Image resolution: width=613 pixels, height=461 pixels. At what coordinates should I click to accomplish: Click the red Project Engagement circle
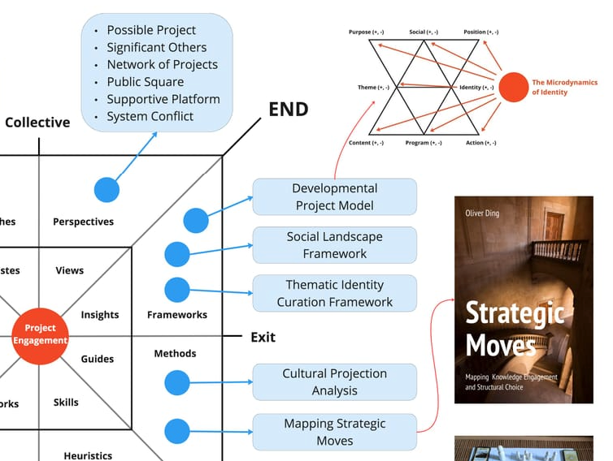pos(40,334)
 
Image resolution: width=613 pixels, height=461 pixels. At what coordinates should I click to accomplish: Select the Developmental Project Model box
pos(334,197)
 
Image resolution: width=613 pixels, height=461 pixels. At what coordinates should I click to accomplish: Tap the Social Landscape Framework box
pos(334,245)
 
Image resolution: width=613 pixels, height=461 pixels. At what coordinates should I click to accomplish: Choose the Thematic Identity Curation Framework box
pos(334,293)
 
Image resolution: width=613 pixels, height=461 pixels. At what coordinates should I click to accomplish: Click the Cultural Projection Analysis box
pos(334,381)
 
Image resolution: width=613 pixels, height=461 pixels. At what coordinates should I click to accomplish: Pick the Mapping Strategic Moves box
pos(334,432)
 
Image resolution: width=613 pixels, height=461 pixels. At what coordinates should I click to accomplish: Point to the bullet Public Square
pos(145,82)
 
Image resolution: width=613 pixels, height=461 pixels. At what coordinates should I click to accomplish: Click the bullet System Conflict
pos(150,116)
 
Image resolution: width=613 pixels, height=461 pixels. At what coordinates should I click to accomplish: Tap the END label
pos(289,109)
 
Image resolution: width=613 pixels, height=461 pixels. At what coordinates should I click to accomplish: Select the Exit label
pos(263,337)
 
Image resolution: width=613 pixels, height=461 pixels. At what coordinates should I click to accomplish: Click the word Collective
pos(37,123)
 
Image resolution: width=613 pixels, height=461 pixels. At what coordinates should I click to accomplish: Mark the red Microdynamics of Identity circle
pos(513,87)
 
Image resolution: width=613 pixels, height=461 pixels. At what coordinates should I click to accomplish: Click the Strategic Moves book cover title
pos(515,330)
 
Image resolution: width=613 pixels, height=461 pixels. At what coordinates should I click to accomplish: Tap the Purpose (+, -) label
pos(367,32)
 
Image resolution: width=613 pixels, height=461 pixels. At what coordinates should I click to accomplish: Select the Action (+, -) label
pos(480,143)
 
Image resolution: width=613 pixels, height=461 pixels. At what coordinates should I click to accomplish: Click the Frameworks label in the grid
pos(177,315)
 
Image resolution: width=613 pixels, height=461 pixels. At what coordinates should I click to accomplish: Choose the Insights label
pos(100,315)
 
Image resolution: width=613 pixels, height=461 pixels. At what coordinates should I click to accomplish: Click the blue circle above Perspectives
pos(107,189)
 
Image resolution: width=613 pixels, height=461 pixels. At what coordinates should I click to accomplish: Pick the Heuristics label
pos(88,455)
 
